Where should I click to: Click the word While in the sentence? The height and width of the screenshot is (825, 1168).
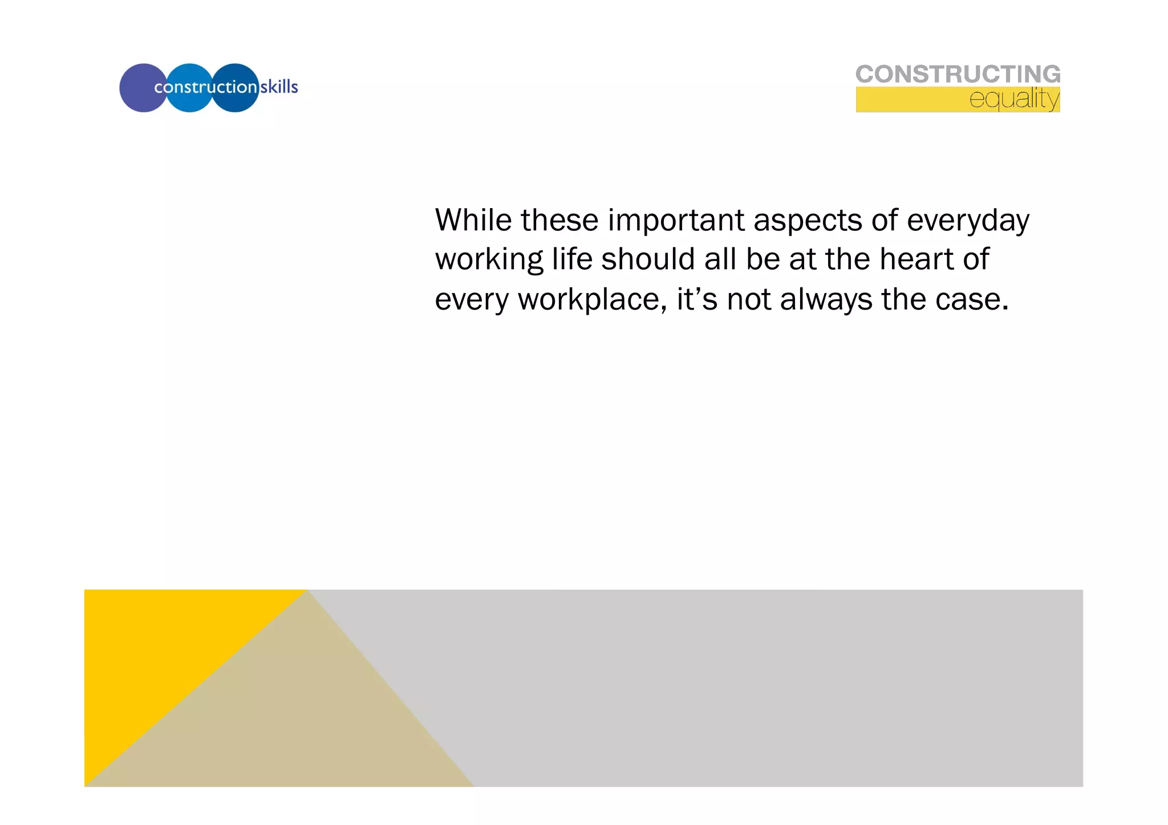coord(473,220)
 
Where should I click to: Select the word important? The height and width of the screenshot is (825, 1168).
coord(676,221)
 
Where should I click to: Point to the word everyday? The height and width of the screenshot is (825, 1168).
coord(968,221)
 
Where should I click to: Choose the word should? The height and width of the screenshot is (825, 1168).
coord(648,259)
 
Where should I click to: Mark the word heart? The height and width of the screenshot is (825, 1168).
coord(916,259)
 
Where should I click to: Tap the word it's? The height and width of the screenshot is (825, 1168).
coord(696,299)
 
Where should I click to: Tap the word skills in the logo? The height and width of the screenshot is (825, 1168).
coord(279,87)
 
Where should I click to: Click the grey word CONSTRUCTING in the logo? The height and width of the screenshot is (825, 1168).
coord(958,74)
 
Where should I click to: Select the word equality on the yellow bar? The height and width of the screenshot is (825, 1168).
coord(1014,99)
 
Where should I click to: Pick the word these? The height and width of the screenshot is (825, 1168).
coord(559,220)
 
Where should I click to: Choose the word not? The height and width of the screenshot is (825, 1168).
coord(749,300)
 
